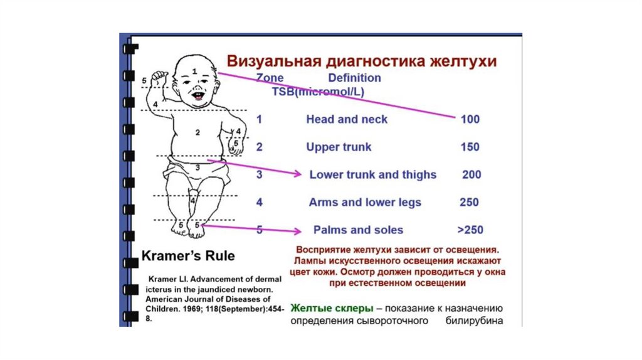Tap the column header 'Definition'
pyautogui.click(x=354, y=78)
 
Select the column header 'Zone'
pyautogui.click(x=270, y=78)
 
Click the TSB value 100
pyautogui.click(x=470, y=119)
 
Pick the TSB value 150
pyautogui.click(x=470, y=147)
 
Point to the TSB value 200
pyautogui.click(x=471, y=175)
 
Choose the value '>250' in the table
pyautogui.click(x=470, y=230)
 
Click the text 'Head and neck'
pyautogui.click(x=347, y=119)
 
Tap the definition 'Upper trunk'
pyautogui.click(x=339, y=147)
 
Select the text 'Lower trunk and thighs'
pyautogui.click(x=372, y=175)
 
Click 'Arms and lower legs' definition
pyautogui.click(x=365, y=203)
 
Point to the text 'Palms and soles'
pyautogui.click(x=358, y=230)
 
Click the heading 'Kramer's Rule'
pyautogui.click(x=188, y=256)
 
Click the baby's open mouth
pyautogui.click(x=197, y=98)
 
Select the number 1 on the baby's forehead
pyautogui.click(x=194, y=72)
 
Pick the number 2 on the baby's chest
pyautogui.click(x=197, y=132)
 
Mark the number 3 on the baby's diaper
pyautogui.click(x=197, y=167)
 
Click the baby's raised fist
pyautogui.click(x=159, y=78)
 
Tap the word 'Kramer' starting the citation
pyautogui.click(x=162, y=278)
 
